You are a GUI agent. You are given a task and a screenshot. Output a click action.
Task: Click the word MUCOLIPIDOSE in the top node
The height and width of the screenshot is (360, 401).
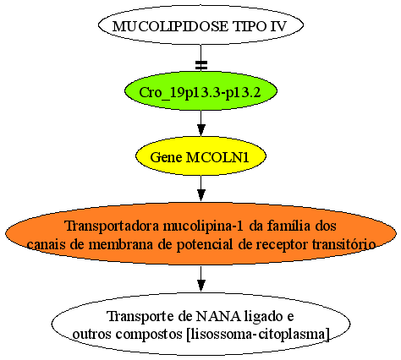click(x=170, y=27)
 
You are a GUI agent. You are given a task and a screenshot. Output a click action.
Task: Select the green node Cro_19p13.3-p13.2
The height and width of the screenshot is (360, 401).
click(x=200, y=91)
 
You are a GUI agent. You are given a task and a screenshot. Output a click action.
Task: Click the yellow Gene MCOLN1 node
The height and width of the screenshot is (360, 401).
click(x=200, y=156)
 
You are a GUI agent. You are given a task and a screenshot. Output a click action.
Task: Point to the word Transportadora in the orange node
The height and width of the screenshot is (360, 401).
click(x=112, y=226)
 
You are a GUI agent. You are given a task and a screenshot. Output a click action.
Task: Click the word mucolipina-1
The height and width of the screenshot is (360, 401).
click(x=203, y=226)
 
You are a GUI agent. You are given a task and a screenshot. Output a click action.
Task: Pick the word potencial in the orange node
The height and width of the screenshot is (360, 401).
click(x=205, y=245)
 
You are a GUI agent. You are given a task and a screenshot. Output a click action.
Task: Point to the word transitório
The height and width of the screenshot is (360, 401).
click(x=344, y=244)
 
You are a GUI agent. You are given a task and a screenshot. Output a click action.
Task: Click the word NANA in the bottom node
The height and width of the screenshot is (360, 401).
click(x=218, y=317)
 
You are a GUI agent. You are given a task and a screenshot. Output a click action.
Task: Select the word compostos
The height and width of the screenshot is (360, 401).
click(x=149, y=335)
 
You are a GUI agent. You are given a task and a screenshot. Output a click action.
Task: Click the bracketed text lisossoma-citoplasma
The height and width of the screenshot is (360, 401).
click(x=258, y=335)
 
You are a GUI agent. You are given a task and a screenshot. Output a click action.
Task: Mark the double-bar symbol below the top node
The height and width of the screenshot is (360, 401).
click(x=201, y=65)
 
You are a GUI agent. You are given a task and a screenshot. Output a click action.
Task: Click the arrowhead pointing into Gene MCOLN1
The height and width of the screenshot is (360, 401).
click(x=200, y=130)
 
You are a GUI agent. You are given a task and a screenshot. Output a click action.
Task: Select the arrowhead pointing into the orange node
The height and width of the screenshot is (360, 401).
click(x=200, y=195)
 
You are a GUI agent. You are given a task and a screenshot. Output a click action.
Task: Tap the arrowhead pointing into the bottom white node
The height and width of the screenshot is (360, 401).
click(x=200, y=286)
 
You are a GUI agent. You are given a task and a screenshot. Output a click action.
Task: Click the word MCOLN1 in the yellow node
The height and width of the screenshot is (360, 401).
click(x=218, y=157)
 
